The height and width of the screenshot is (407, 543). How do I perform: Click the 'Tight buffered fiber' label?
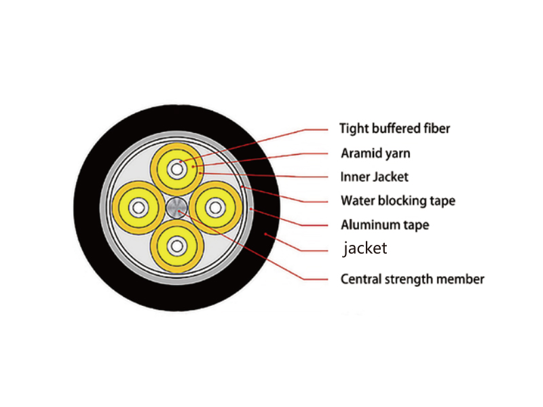pos(394,128)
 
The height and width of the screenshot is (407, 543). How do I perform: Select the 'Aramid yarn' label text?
pos(376,153)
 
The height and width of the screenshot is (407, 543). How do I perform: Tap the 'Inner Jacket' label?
pos(375,177)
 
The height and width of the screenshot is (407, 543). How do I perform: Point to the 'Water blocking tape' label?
pos(398,201)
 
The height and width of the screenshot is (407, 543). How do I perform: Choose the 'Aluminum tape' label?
pos(385,225)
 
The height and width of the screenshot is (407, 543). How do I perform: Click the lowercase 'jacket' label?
pos(365,248)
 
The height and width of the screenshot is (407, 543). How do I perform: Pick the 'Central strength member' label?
pos(413,279)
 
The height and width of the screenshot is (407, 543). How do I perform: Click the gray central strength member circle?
pos(176,208)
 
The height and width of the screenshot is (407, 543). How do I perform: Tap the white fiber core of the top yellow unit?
pos(177,170)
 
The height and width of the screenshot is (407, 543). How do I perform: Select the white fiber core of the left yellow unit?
pos(139,208)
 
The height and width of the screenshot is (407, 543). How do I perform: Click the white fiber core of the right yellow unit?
pos(215,208)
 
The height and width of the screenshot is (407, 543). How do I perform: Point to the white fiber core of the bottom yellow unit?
pos(177,246)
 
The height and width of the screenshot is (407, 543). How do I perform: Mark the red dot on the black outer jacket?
pos(265,234)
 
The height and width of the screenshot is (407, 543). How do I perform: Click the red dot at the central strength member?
pos(179,211)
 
